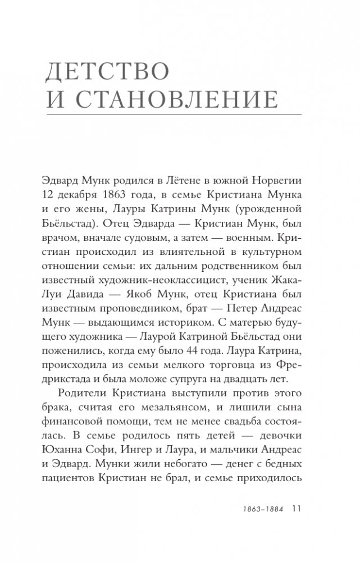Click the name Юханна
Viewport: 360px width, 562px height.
click(x=75, y=442)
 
